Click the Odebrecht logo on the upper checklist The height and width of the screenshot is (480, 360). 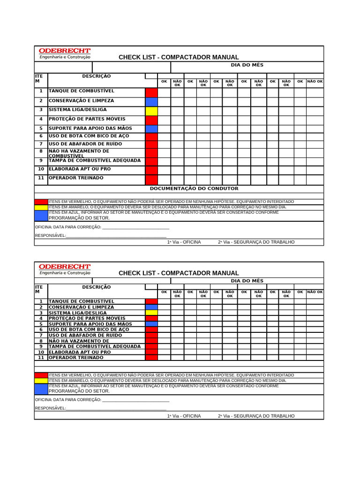pos(65,53)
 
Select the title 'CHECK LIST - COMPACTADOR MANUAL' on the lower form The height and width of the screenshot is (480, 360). pos(179,273)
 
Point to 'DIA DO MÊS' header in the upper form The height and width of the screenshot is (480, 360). pos(247,65)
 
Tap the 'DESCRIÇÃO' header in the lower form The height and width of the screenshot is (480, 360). pos(97,287)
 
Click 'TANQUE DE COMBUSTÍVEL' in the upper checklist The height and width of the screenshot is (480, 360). pos(81,90)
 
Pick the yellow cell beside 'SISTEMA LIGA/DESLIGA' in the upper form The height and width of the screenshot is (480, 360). pos(151,111)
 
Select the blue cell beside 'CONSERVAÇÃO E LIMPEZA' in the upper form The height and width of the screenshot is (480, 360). pos(151,101)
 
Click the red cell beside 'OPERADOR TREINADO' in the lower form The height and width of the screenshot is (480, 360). pos(151,357)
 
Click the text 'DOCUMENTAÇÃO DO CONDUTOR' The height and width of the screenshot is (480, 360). pos(194,188)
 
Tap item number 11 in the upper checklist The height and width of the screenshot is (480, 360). pos(41,178)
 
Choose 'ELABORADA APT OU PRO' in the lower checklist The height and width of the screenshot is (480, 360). pos(80,352)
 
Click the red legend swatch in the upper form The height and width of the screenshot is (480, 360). pos(41,202)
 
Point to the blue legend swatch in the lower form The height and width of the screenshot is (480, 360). pos(41,389)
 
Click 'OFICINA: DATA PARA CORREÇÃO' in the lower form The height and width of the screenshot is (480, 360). pos(68,400)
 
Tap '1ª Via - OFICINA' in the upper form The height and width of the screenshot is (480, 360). pos(184,242)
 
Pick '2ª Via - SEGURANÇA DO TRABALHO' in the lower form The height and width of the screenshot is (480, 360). pos(256,416)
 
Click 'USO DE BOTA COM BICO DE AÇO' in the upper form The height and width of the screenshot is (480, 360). pos(89,136)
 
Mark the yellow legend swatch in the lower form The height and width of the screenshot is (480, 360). pos(41,381)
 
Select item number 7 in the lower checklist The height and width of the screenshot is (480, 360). pos(41,335)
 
